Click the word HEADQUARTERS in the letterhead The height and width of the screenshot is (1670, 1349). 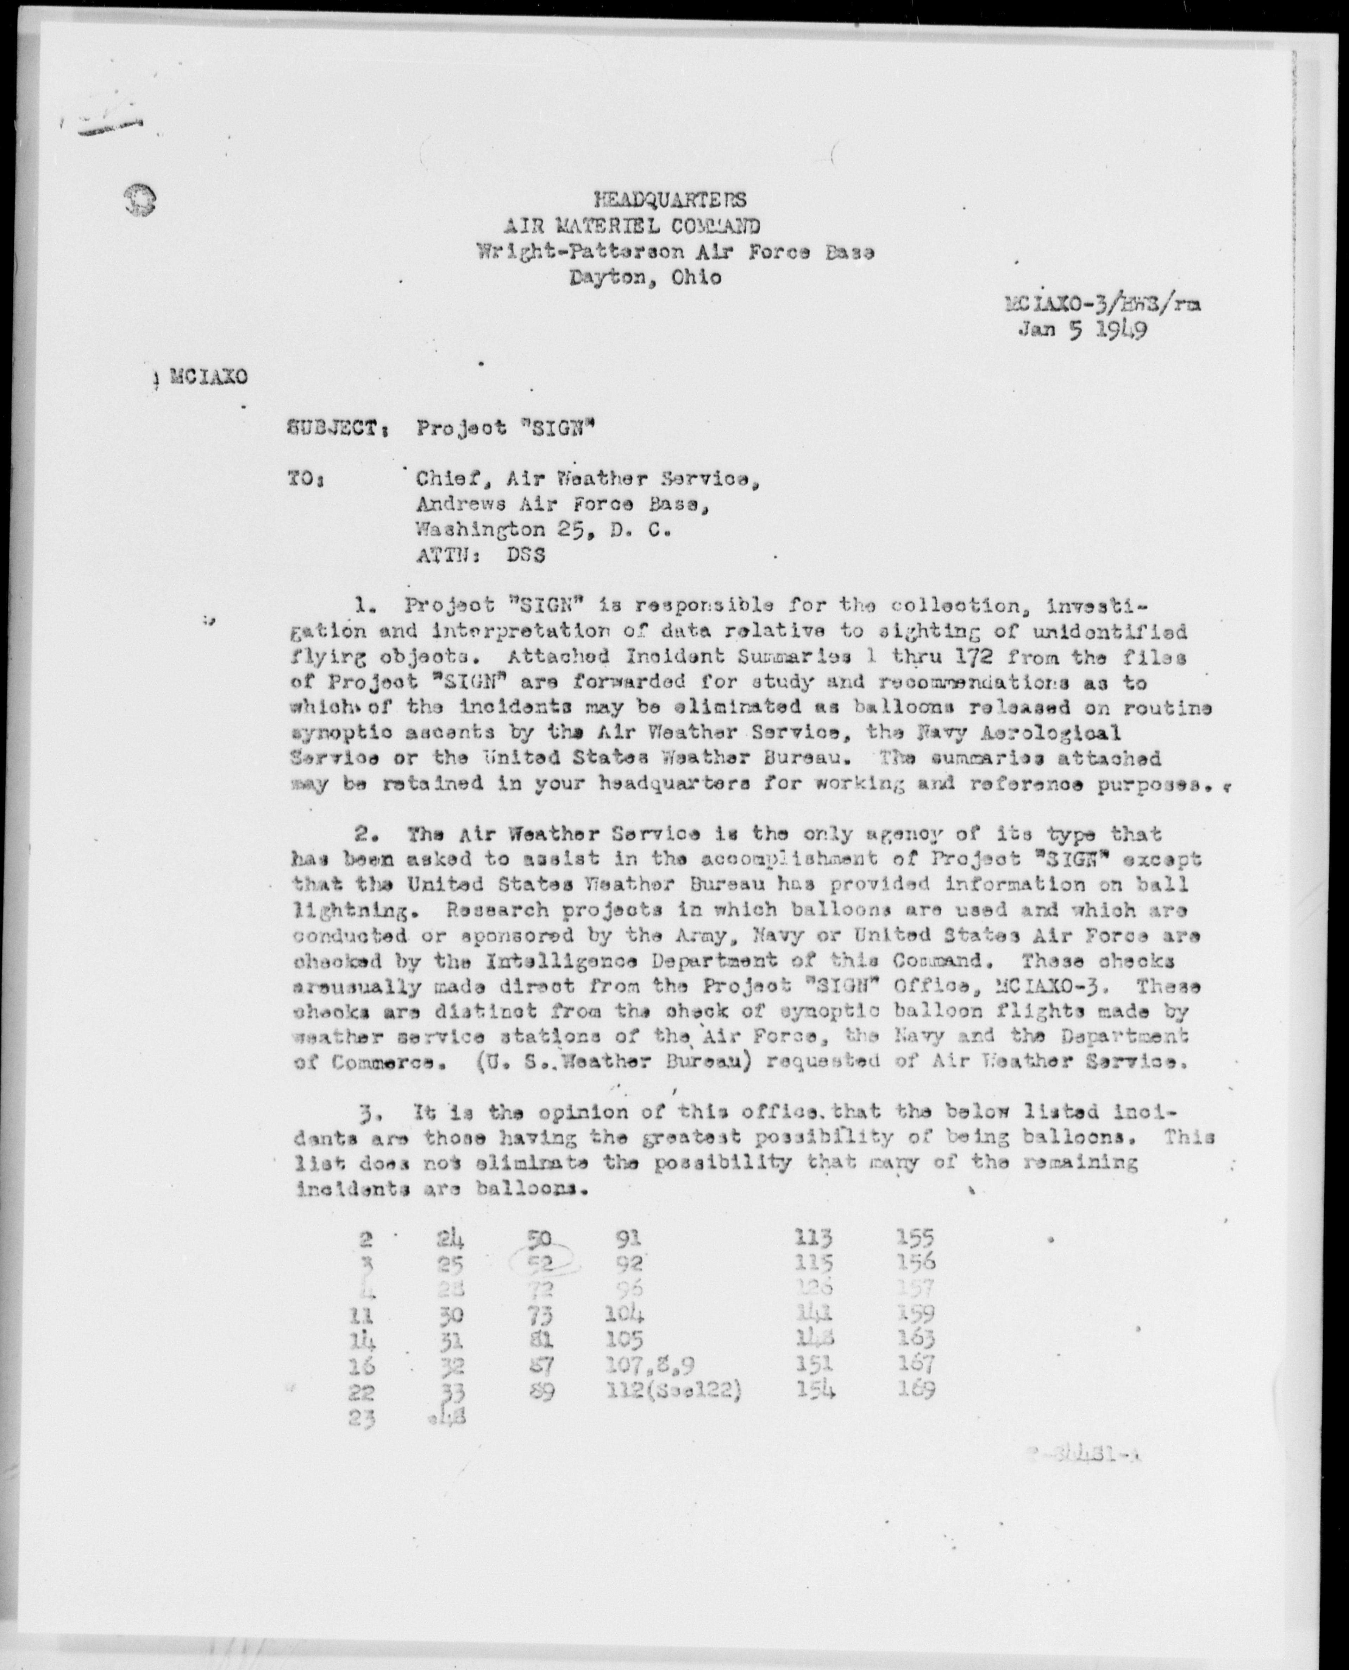tap(670, 200)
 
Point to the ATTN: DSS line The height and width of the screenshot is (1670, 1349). tap(479, 555)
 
